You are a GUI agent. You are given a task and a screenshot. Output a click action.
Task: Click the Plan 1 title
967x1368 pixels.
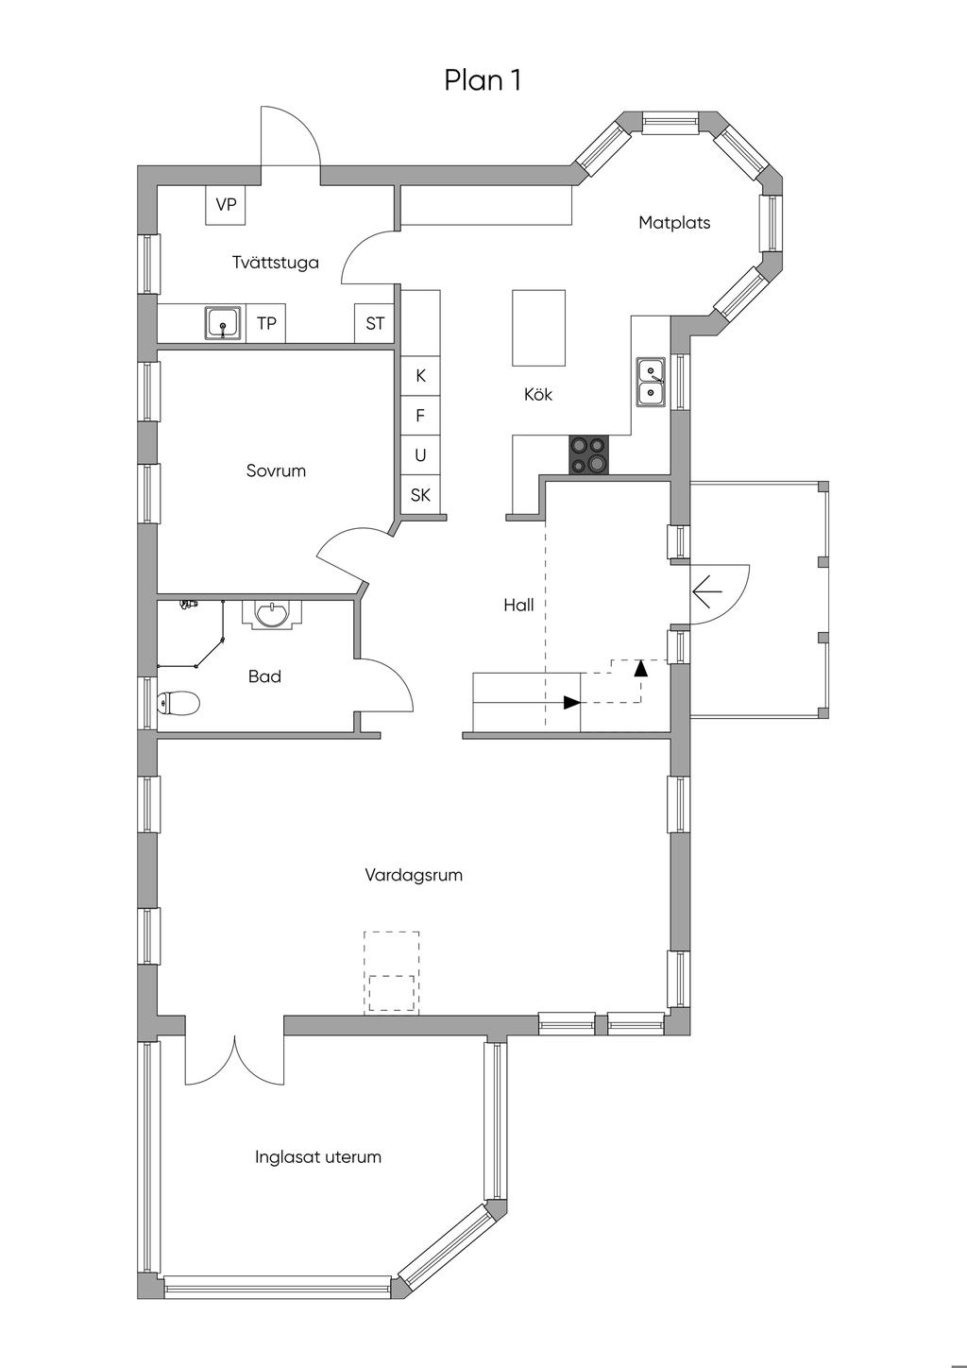click(x=483, y=80)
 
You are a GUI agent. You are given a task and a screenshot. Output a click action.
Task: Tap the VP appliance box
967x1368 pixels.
click(x=226, y=204)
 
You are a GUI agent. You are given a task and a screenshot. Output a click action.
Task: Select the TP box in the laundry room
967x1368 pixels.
click(x=266, y=323)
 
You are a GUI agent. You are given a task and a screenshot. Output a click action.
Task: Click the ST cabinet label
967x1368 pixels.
click(x=375, y=323)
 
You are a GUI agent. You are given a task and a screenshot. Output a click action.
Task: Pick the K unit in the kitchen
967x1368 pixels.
click(x=420, y=376)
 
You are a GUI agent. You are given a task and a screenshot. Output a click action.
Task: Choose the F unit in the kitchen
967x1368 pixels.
click(x=420, y=416)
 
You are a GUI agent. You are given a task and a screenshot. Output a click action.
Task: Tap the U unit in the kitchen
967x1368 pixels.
click(x=420, y=455)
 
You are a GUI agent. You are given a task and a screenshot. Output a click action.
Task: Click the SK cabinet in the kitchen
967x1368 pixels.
click(x=420, y=495)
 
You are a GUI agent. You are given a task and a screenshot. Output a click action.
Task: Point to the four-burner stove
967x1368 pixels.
click(x=589, y=455)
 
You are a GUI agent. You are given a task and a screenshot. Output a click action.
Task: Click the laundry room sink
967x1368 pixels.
click(x=222, y=323)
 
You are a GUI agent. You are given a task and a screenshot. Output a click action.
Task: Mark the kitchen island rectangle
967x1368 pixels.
click(x=538, y=328)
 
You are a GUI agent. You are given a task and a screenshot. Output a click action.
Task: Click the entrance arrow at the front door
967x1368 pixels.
click(x=707, y=591)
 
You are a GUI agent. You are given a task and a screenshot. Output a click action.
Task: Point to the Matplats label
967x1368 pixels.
click(x=674, y=223)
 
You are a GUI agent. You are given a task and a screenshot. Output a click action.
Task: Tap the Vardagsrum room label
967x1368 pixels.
click(x=414, y=875)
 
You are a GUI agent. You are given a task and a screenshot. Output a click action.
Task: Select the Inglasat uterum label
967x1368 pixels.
click(x=318, y=1157)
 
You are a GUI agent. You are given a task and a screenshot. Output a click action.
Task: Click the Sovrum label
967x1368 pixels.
click(x=276, y=470)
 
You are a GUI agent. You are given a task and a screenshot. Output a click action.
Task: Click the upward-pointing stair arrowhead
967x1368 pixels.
click(x=640, y=668)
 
